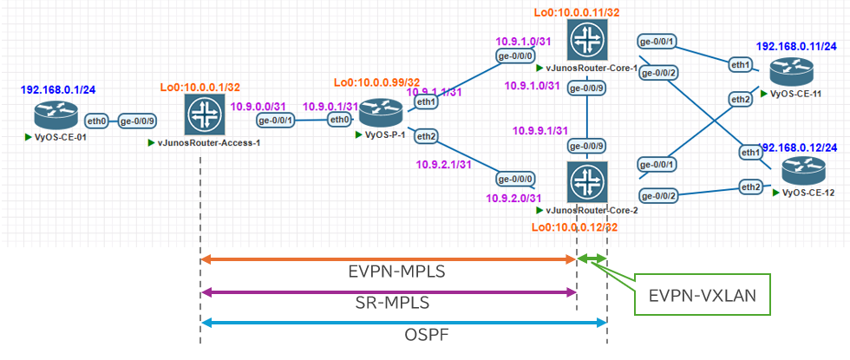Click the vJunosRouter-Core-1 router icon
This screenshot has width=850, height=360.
590,39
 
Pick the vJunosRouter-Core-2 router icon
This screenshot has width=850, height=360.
590,182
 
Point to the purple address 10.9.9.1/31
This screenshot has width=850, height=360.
541,130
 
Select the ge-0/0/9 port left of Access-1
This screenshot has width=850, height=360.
138,122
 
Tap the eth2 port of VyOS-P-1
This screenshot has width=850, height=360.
427,135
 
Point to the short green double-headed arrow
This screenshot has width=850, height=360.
593,259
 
